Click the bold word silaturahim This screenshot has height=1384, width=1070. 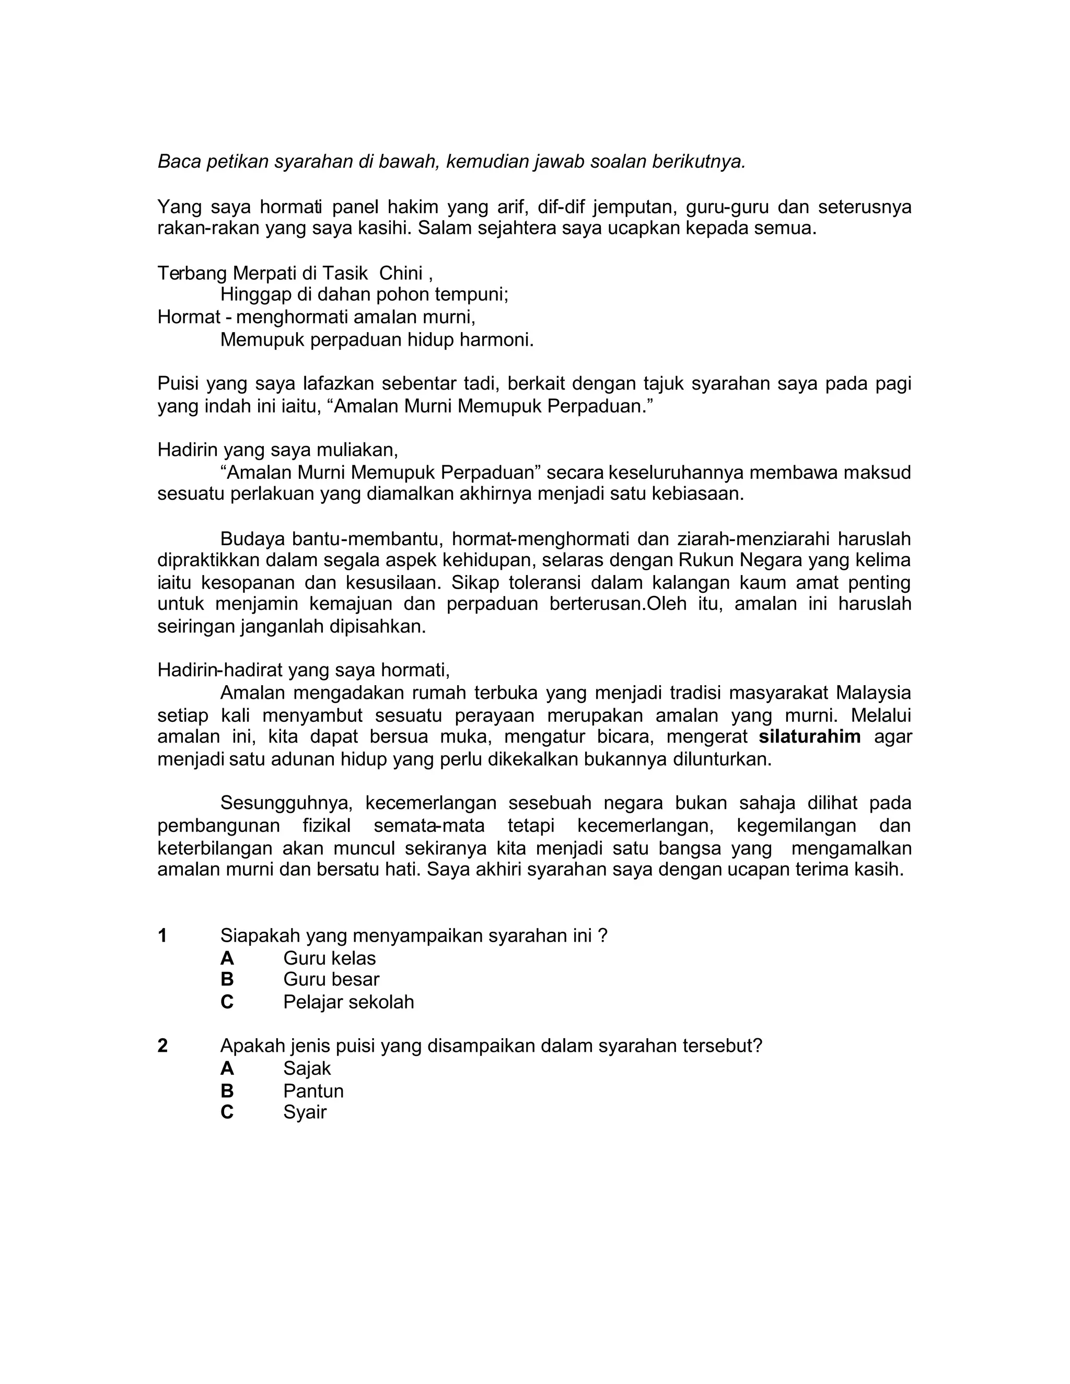(809, 736)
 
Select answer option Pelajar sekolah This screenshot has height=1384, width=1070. (348, 1002)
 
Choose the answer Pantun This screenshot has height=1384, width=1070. (313, 1090)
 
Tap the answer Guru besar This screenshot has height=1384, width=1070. (331, 979)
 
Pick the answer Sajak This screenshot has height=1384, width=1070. (307, 1069)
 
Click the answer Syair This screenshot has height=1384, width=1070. (305, 1112)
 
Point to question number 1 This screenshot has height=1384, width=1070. (163, 935)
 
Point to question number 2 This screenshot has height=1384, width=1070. (163, 1046)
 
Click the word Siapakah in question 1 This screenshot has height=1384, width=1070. (259, 935)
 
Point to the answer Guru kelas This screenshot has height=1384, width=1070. (329, 958)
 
